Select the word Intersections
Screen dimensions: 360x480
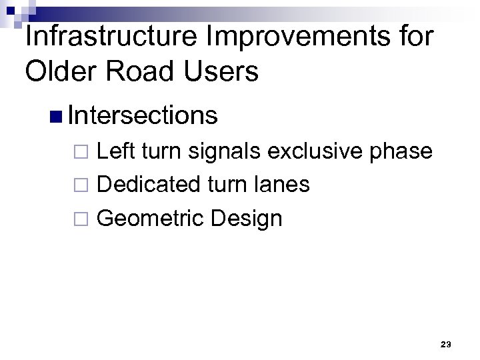pos(143,115)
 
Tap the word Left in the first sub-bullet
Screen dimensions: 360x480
pos(114,151)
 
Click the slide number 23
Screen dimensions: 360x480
pos(446,344)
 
